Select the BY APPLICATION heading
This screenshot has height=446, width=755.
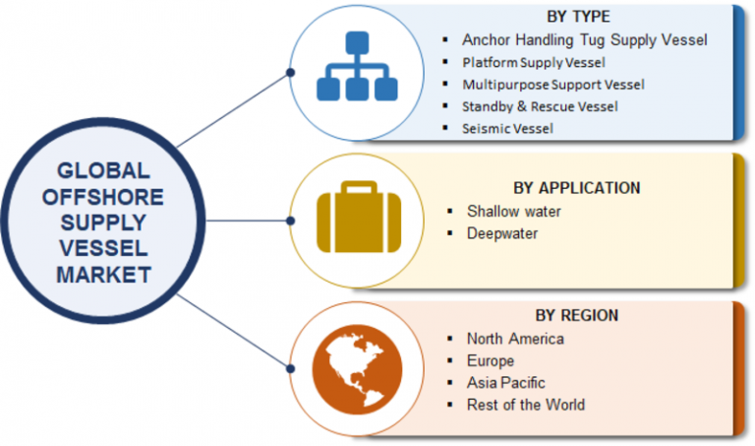click(x=576, y=188)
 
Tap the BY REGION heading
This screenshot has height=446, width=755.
click(x=576, y=316)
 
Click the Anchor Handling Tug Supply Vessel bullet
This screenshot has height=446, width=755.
click(x=584, y=40)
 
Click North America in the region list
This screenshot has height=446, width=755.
click(x=515, y=339)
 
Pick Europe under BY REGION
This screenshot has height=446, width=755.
click(x=491, y=360)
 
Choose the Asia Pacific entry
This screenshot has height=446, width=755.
click(x=505, y=382)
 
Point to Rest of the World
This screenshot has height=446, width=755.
click(x=526, y=404)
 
